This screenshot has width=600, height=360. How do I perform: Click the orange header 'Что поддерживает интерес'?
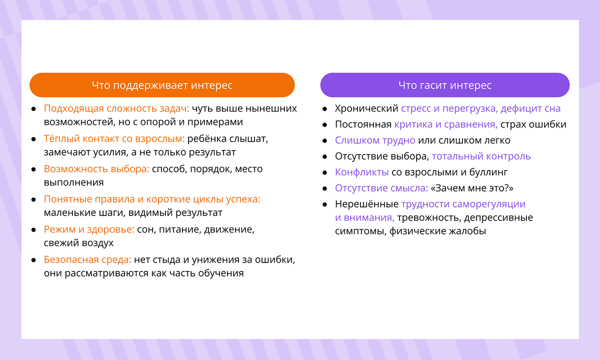coord(162,85)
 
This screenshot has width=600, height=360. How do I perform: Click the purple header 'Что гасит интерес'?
coord(444,85)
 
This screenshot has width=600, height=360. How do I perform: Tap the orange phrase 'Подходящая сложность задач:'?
coord(116,108)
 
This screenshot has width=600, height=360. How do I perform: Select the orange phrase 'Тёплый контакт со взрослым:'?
coord(114,138)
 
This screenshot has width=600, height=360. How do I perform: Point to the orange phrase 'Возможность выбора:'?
coord(96,169)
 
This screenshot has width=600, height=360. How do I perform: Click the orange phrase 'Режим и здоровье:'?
coord(89,229)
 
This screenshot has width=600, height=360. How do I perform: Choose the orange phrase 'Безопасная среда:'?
coord(87,260)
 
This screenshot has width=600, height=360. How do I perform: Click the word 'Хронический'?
coord(366,108)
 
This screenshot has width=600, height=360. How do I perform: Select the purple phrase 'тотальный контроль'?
coord(481,156)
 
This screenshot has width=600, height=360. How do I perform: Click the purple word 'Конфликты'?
coord(361,172)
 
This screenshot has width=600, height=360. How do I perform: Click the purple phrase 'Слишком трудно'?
coord(375,140)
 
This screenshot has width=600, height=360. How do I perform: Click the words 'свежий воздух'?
coord(78,243)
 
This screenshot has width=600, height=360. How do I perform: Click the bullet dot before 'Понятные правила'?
coord(33,199)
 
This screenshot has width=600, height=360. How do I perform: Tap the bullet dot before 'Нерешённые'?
coord(324,204)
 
